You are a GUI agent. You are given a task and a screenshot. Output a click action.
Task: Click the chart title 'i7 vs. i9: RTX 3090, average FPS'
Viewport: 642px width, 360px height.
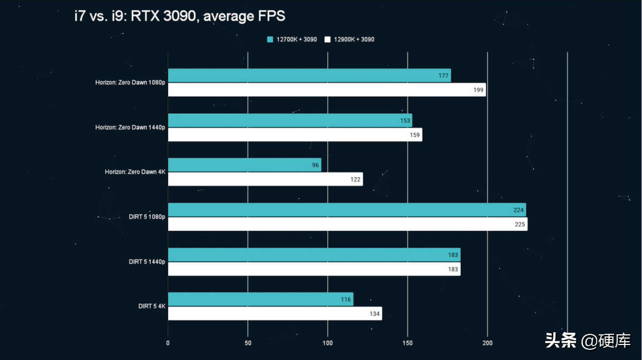pyautogui.click(x=180, y=16)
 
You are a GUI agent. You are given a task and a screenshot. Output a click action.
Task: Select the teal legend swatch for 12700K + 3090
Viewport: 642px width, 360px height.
pyautogui.click(x=270, y=40)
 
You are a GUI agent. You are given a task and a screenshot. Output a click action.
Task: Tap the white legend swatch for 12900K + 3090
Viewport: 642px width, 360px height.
pyautogui.click(x=327, y=40)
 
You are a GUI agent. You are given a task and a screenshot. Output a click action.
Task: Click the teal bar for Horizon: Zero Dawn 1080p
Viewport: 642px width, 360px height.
pyautogui.click(x=309, y=75)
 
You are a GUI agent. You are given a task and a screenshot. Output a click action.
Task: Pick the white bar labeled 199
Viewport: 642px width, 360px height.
pyautogui.click(x=326, y=90)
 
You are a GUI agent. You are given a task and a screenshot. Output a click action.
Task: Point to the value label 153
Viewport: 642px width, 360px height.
pyautogui.click(x=405, y=121)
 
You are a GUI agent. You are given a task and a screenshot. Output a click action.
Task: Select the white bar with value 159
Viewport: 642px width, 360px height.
pyautogui.click(x=295, y=135)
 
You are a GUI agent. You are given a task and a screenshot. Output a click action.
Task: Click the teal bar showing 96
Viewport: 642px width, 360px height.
pyautogui.click(x=244, y=165)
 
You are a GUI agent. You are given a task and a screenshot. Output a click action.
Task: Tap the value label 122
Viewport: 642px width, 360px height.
pyautogui.click(x=355, y=180)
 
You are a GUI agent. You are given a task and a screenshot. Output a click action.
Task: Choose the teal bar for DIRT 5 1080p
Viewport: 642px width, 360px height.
pyautogui.click(x=347, y=210)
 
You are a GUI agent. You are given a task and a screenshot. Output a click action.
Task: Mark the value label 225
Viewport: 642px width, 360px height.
pyautogui.click(x=519, y=225)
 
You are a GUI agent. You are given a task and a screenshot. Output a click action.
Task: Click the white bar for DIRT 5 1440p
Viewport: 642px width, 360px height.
pyautogui.click(x=314, y=269)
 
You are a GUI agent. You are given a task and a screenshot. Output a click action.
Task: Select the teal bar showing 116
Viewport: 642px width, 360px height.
pyautogui.click(x=261, y=300)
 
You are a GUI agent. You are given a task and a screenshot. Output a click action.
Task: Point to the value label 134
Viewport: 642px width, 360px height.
pyautogui.click(x=374, y=314)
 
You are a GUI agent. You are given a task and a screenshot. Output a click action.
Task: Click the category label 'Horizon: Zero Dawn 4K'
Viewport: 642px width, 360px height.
pyautogui.click(x=135, y=172)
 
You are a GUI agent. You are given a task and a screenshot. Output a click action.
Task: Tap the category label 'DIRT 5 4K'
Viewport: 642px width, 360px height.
pyautogui.click(x=151, y=307)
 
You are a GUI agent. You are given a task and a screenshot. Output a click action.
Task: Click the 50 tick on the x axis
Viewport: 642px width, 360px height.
pyautogui.click(x=248, y=343)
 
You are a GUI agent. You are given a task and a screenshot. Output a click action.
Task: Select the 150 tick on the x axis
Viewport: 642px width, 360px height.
pyautogui.click(x=408, y=343)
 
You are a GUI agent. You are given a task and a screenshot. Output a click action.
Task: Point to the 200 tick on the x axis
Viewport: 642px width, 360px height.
pyautogui.click(x=487, y=343)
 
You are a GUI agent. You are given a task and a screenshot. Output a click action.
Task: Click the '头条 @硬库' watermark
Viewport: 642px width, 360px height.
pyautogui.click(x=587, y=341)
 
